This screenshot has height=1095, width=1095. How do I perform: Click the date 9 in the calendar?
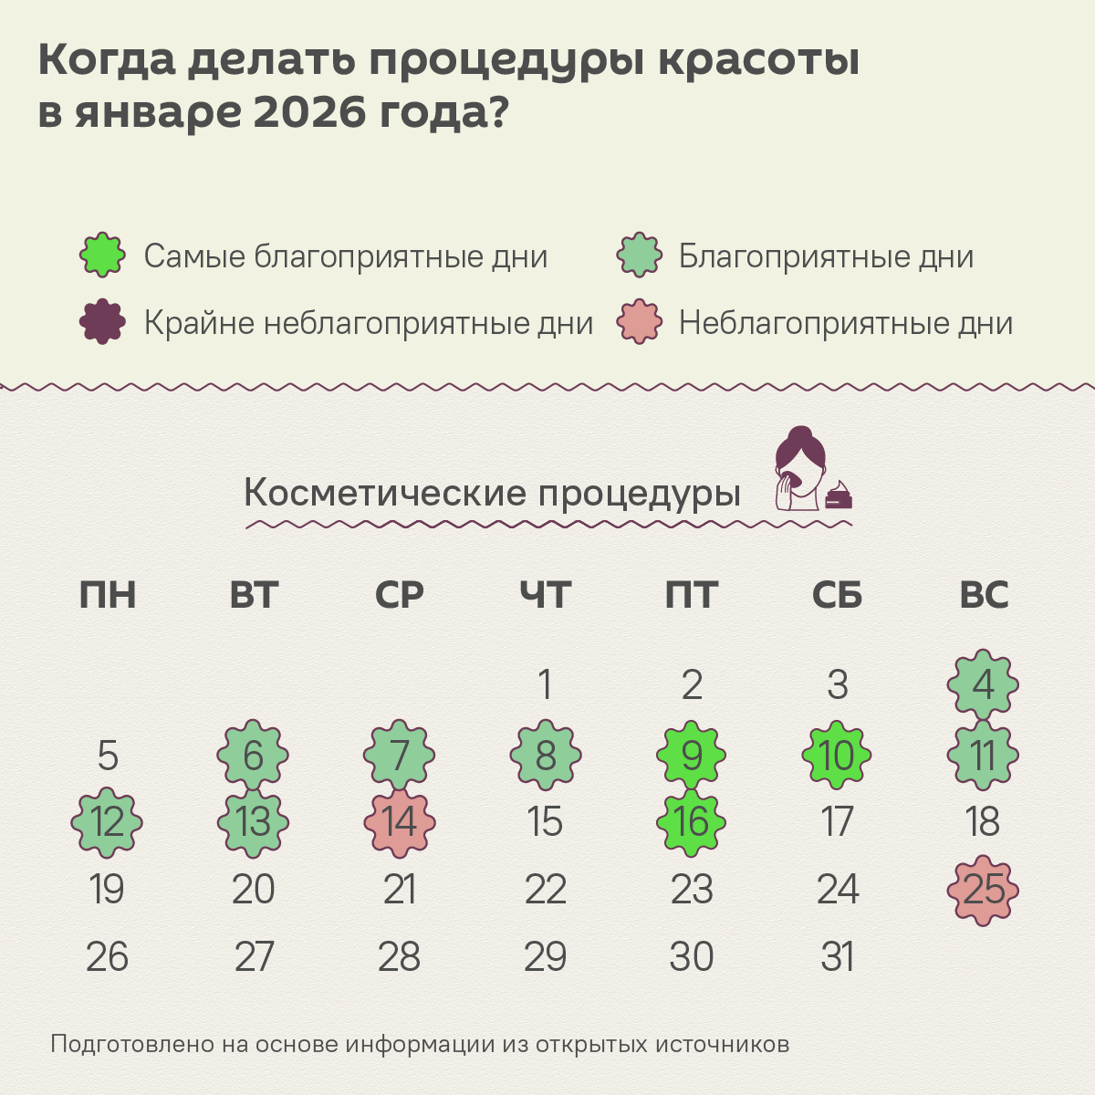point(692,756)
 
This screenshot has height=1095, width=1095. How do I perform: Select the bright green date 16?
point(692,822)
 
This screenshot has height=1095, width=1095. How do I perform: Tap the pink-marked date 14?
point(400,822)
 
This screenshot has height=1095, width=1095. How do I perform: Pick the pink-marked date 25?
point(983,890)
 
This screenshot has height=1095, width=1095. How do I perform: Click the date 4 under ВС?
point(983,685)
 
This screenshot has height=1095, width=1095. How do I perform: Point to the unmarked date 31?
point(838,957)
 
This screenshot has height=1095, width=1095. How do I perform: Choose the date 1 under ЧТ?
point(546,685)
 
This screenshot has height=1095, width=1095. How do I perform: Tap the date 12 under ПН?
point(108,822)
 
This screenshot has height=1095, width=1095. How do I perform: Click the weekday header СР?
point(400,595)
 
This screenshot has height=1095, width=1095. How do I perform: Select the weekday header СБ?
point(837,595)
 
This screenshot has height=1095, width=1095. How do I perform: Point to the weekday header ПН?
point(108,595)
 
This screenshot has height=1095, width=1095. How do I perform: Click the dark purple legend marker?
point(102,322)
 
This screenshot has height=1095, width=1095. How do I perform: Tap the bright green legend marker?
point(102,255)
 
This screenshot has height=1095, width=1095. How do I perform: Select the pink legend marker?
point(640,322)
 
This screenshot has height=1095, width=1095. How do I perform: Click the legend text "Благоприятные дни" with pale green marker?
point(826,257)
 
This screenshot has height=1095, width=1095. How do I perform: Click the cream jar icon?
point(839,497)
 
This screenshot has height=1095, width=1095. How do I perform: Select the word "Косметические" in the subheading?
point(385,494)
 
